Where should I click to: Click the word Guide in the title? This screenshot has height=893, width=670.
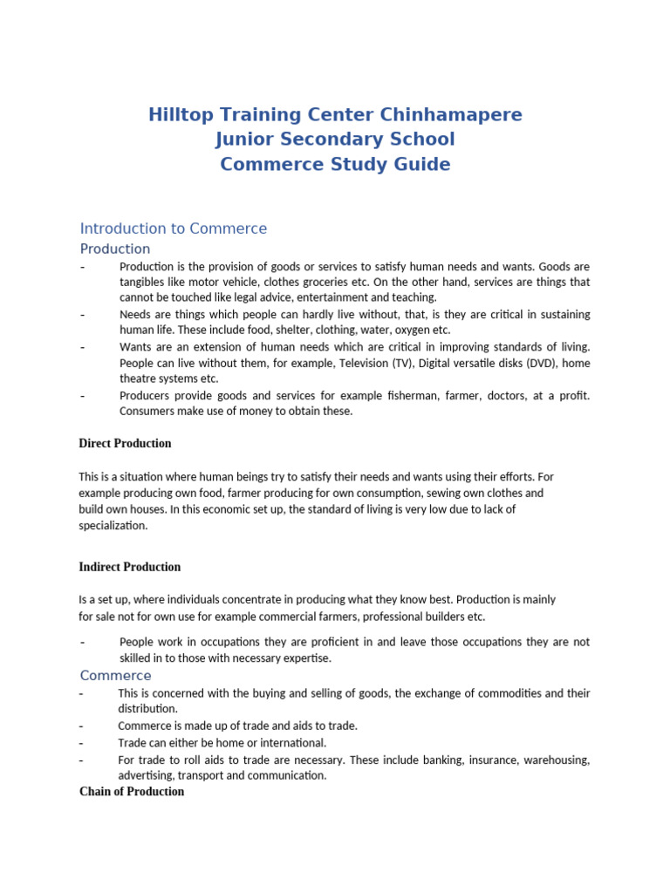click(422, 164)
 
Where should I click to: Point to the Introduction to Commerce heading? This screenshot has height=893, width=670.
click(174, 228)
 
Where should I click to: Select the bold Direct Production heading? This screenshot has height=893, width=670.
click(126, 444)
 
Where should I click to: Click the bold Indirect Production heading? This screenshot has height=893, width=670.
click(130, 567)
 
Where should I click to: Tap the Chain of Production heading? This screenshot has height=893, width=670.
click(132, 792)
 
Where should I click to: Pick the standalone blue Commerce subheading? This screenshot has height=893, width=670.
click(116, 676)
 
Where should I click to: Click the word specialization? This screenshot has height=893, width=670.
click(113, 526)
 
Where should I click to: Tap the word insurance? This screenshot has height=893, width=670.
click(495, 760)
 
